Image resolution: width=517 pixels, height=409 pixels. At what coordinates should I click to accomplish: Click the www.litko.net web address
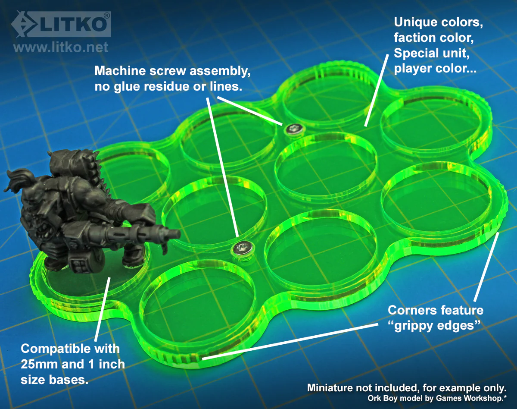click(x=61, y=47)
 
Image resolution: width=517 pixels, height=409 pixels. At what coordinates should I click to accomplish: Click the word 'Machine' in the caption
click(x=120, y=71)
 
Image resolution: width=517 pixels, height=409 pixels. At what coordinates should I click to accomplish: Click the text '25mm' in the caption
click(x=39, y=364)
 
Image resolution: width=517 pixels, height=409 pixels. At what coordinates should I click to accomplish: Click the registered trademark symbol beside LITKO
click(x=107, y=16)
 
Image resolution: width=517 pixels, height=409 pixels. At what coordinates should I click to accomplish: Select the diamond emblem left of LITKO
click(x=24, y=24)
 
